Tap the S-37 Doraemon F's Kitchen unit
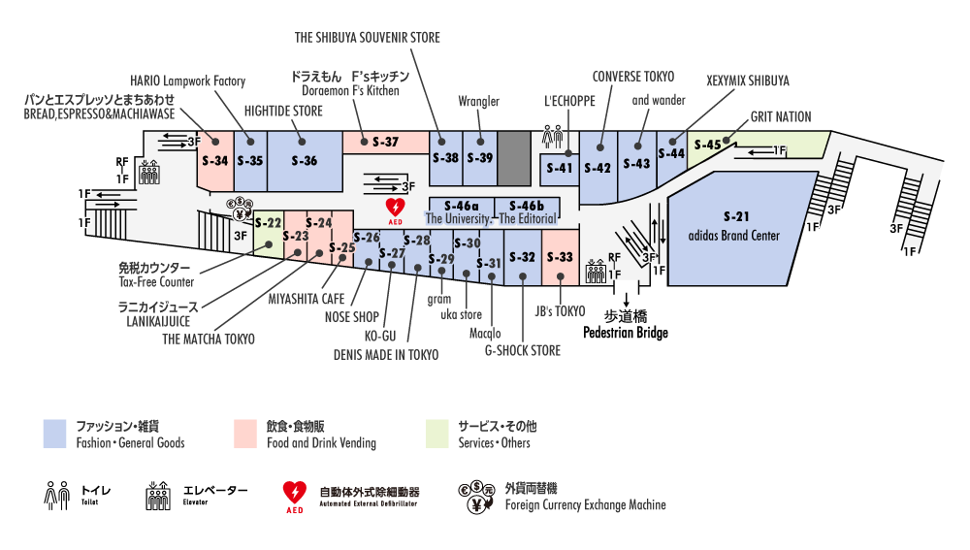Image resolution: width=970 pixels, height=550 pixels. [385, 142]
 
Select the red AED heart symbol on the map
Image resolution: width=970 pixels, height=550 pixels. [396, 209]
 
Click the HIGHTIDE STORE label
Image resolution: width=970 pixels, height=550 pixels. [283, 112]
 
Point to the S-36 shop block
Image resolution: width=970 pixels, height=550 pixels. [304, 161]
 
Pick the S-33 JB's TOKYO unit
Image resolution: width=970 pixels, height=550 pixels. [561, 257]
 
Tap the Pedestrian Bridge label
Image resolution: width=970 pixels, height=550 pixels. [625, 333]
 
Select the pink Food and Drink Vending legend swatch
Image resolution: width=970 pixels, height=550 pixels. [245, 434]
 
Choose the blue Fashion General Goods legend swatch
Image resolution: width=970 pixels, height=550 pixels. [55, 434]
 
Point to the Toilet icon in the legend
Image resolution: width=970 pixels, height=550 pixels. [57, 496]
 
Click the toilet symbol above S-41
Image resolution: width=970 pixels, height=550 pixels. [554, 132]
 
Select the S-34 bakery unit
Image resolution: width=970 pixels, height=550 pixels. [214, 161]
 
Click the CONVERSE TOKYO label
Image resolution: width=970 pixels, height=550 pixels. [633, 77]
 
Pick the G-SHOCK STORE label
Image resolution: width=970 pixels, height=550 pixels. [522, 350]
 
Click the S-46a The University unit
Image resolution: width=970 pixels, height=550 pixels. [462, 207]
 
